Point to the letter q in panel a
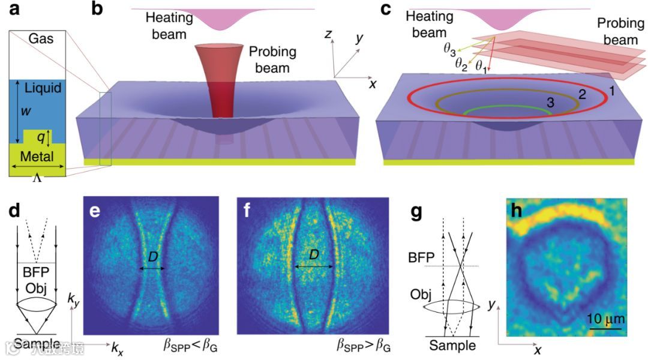(41, 137)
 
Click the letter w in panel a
(24, 112)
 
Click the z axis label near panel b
(328, 35)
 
